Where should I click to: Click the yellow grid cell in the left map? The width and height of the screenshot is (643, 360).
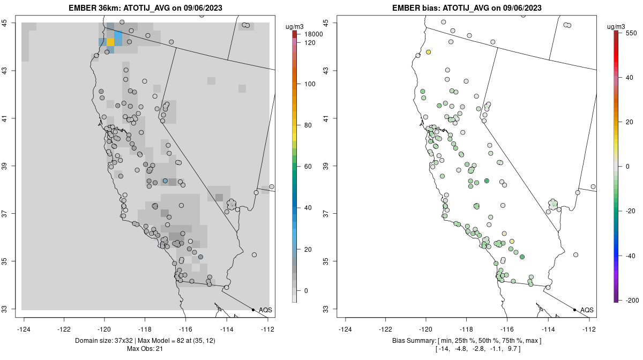[x=110, y=42]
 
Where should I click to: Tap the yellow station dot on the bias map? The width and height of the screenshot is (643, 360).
[x=429, y=52]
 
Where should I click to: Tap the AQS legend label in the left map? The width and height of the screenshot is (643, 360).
[x=265, y=310]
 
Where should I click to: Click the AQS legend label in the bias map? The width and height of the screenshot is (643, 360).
[x=587, y=310]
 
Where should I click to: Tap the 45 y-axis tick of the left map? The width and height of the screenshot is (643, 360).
[x=10, y=23]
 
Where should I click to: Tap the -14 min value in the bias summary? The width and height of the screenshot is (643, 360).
[x=444, y=349]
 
